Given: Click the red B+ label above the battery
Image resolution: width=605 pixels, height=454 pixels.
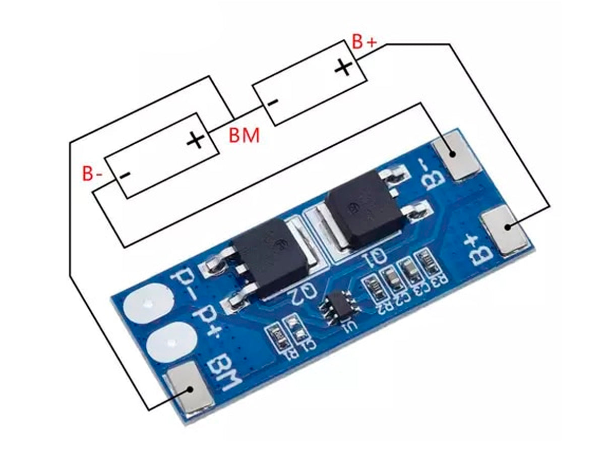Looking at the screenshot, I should point(364,42).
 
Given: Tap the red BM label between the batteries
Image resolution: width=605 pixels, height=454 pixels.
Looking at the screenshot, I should point(244,135).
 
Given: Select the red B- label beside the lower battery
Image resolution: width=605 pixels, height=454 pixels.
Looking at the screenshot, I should point(93,174).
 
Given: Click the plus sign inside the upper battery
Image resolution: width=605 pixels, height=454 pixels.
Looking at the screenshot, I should point(343,67).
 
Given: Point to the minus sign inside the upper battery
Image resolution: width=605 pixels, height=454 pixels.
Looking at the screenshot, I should point(272,102).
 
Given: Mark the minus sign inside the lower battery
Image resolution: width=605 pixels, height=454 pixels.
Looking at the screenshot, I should point(125,175).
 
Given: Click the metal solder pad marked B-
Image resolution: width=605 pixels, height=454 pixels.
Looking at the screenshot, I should point(454,154).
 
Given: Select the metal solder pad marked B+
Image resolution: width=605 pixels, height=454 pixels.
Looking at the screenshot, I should point(507,230).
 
